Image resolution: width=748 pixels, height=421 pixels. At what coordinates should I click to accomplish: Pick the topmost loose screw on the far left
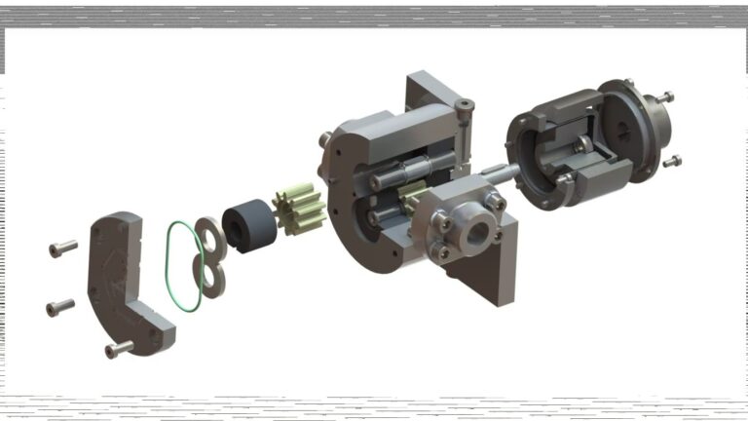click(63, 249)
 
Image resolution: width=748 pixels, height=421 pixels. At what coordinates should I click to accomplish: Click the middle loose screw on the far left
click(60, 308)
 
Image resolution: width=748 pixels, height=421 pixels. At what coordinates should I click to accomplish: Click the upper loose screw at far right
click(664, 97)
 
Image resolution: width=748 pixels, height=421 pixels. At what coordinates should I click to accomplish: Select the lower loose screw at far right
click(671, 161)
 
